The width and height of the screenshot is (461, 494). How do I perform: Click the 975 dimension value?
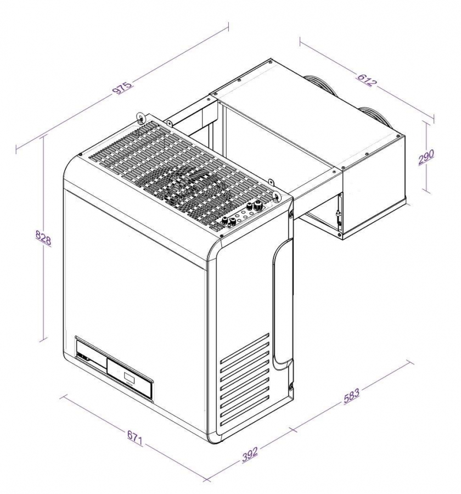click(122, 87)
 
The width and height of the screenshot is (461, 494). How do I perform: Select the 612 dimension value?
click(366, 80)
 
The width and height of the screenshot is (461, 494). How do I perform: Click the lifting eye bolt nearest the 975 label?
click(142, 117)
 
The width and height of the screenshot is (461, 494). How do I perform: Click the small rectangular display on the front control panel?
click(128, 378)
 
